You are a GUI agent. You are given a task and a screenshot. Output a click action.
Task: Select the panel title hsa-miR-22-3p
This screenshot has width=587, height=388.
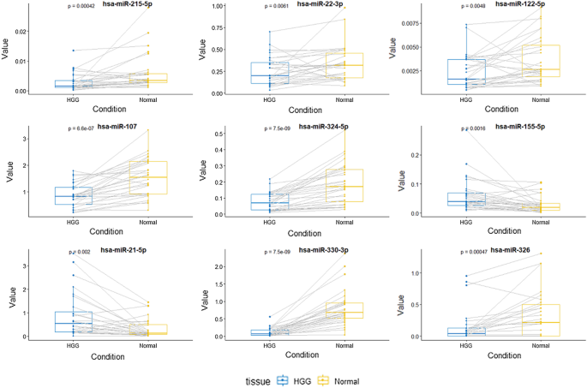coord(318,4)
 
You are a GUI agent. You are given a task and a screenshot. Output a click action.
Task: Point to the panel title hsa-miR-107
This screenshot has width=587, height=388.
coord(117,127)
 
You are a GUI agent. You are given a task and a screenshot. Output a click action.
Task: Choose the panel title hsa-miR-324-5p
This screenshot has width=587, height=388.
coord(319,127)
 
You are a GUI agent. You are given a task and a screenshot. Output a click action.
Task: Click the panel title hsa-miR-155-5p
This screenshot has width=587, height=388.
coord(516,127)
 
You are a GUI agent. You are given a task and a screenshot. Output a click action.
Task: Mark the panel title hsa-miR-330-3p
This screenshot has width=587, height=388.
coord(319,250)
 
